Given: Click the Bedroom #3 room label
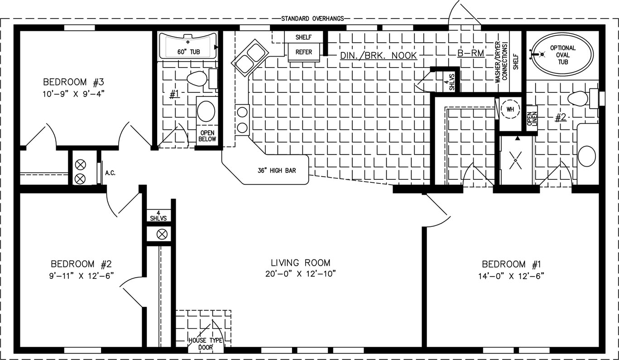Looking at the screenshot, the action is [73, 82].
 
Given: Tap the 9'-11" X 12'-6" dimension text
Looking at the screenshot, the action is [82, 276].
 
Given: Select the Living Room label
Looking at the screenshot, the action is [300, 263].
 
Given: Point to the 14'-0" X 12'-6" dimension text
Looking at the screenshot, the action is [511, 276].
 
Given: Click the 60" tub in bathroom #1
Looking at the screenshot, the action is [187, 46].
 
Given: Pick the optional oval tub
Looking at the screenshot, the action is [562, 54].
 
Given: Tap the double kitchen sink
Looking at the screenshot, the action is [250, 58].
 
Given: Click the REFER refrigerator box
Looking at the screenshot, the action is [304, 52].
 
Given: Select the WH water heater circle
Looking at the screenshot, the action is [510, 109].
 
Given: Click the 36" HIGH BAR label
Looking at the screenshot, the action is [277, 171].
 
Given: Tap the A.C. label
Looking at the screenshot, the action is [110, 173].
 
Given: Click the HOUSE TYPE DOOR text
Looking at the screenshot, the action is [205, 344].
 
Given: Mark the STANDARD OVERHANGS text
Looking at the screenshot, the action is [312, 19].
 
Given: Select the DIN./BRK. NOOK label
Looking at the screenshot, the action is [378, 56].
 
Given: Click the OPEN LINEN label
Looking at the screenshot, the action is [532, 119].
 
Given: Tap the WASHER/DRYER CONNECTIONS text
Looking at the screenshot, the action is [501, 62].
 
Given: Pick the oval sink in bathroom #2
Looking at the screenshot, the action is [586, 156].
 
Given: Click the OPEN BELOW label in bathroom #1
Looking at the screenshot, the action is [207, 136].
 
